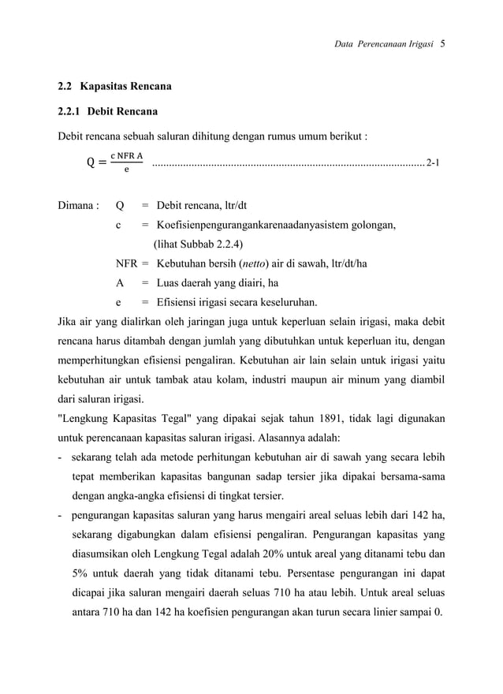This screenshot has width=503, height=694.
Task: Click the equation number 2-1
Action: click(432, 163)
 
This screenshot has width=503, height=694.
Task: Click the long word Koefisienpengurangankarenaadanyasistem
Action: click(257, 226)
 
